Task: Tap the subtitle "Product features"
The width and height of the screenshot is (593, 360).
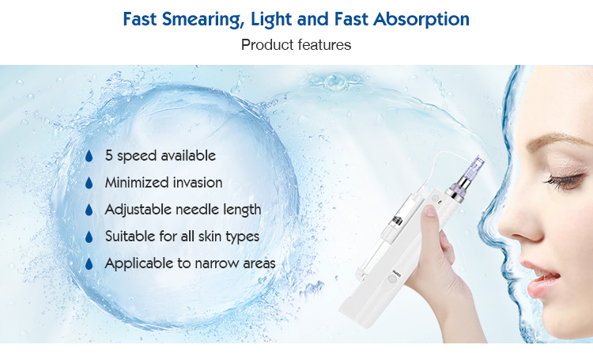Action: pos(296,44)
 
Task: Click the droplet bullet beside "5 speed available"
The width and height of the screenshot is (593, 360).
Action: pos(89,156)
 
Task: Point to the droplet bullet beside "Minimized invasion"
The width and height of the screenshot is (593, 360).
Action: pos(89,183)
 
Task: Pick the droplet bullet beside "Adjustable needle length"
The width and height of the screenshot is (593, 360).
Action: pos(89,210)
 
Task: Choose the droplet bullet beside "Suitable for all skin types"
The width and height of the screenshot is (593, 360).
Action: pos(89,237)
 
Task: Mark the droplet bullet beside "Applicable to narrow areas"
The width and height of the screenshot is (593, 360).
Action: pos(89,263)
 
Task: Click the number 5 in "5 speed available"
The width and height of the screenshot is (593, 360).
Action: pos(110,156)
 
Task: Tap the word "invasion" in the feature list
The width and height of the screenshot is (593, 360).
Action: pos(197,183)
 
